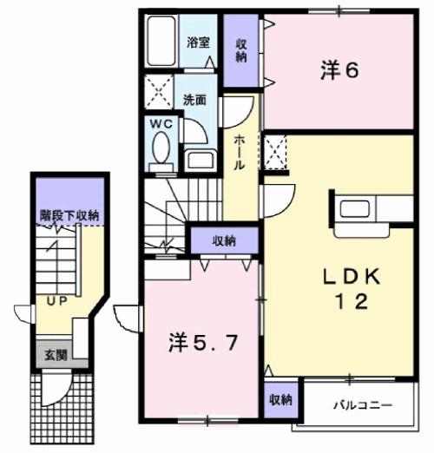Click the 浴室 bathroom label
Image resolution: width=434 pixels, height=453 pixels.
pyautogui.click(x=197, y=42)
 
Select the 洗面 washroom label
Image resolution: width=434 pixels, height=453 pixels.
pyautogui.click(x=194, y=99)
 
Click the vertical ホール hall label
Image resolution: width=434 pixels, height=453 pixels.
pyautogui.click(x=240, y=153)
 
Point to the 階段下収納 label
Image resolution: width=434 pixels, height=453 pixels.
pyautogui.click(x=69, y=213)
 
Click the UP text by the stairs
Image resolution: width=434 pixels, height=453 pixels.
pyautogui.click(x=56, y=302)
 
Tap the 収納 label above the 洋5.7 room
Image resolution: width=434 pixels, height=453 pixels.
pyautogui.click(x=224, y=240)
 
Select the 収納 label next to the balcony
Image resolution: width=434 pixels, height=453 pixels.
pyautogui.click(x=279, y=399)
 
